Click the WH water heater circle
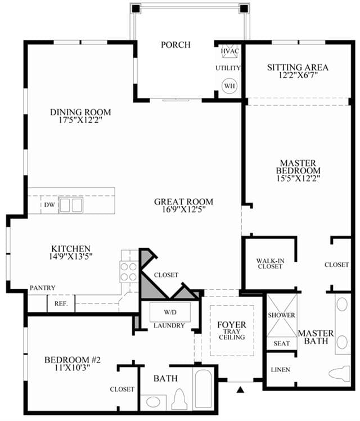229,86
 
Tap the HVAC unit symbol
229,51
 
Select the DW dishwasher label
49,205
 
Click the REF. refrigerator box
61,304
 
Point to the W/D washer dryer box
170,312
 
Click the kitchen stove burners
129,272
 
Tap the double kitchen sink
71,205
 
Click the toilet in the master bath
340,373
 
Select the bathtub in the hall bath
203,389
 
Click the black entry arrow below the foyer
241,389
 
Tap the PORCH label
175,44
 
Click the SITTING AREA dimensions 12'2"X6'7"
298,75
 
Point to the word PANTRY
43,288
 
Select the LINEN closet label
280,370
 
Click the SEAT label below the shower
282,343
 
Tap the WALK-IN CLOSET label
270,263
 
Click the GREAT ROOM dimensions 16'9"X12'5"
184,209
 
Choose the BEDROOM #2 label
73,360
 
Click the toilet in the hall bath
180,400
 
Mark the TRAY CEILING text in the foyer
232,334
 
